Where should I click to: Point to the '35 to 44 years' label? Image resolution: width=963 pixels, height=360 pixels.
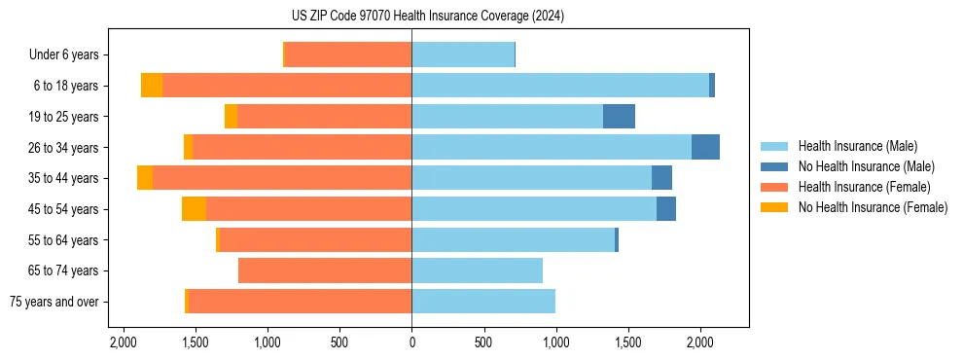[63, 178]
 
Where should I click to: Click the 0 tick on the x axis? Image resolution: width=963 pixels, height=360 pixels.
[411, 342]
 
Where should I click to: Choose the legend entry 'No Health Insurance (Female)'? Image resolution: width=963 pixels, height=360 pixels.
[872, 207]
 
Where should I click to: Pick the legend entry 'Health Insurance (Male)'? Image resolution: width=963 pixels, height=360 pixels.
[857, 146]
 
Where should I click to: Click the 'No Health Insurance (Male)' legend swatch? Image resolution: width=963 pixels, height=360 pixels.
[775, 166]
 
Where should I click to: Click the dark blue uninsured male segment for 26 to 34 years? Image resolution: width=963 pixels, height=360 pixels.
[705, 147]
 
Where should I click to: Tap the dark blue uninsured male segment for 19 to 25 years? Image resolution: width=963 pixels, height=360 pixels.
[619, 117]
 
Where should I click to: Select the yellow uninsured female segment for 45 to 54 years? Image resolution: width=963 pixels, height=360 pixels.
[194, 208]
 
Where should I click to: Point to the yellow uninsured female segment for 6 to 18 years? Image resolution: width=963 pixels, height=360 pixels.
[152, 86]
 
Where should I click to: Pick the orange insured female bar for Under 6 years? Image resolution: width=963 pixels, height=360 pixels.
[347, 54]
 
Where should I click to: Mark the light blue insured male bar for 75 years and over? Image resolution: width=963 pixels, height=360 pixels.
[483, 302]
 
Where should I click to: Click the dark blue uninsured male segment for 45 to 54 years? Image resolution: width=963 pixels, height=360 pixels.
[666, 208]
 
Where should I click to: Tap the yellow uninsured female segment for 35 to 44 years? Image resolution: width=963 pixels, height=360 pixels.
[145, 178]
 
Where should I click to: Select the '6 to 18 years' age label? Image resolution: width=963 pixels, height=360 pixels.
[66, 86]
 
